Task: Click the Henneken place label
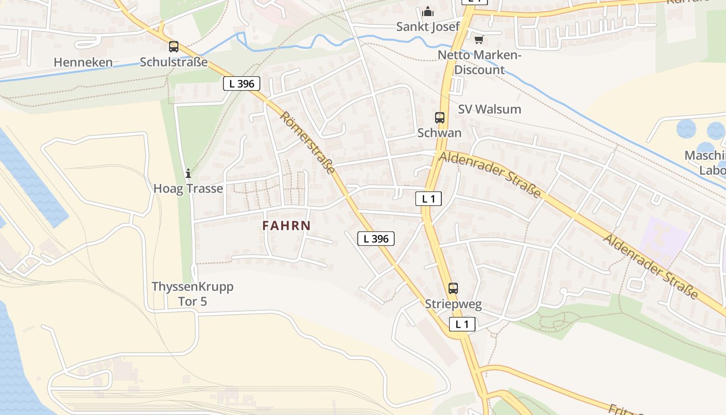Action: [x=83, y=63]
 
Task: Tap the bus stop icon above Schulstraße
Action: [x=174, y=47]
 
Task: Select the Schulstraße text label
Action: [x=174, y=63]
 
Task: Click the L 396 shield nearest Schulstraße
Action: [x=242, y=84]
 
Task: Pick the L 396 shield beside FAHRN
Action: [x=376, y=239]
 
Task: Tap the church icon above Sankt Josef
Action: [x=428, y=11]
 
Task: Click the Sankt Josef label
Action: [x=428, y=27]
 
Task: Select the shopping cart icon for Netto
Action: [x=479, y=39]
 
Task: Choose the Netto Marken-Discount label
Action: [x=479, y=62]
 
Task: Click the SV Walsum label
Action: [x=490, y=109]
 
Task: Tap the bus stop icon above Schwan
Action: [x=440, y=118]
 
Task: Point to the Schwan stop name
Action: [x=440, y=133]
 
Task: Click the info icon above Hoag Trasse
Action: [x=188, y=173]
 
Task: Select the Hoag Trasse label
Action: [x=188, y=188]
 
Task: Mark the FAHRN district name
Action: [x=286, y=226]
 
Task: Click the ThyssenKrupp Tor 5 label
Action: [x=192, y=294]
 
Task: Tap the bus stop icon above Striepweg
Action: [x=453, y=288]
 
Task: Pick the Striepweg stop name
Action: [x=453, y=305]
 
